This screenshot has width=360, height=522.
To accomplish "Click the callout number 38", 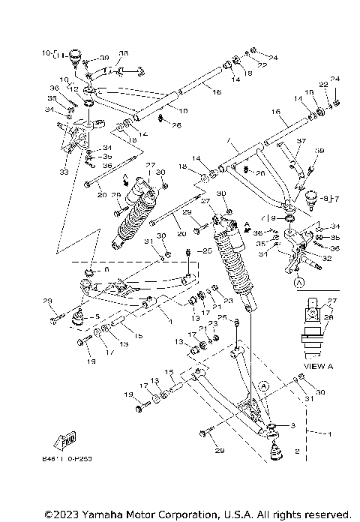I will coord(124,53).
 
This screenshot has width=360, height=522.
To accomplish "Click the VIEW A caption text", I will coord(319,367).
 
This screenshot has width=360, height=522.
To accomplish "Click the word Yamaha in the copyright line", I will coord(97,514).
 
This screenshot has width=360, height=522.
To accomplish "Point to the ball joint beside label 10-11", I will coord(76,56).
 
